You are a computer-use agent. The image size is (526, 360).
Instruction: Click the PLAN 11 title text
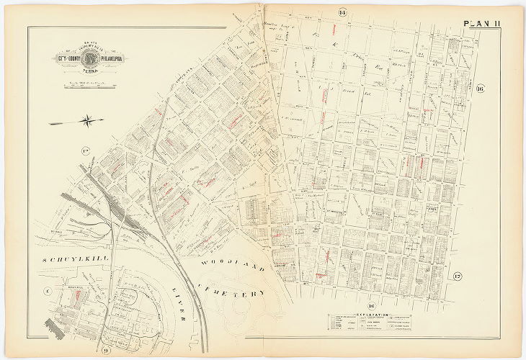point(482,24)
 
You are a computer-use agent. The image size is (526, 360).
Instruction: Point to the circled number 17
point(457,276)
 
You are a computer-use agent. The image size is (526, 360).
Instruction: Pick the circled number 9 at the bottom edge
point(105,351)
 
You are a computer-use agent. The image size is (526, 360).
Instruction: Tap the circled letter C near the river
point(47,291)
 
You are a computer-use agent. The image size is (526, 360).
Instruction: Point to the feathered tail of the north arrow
point(56,122)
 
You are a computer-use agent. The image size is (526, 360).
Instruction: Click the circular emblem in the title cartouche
point(91,59)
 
